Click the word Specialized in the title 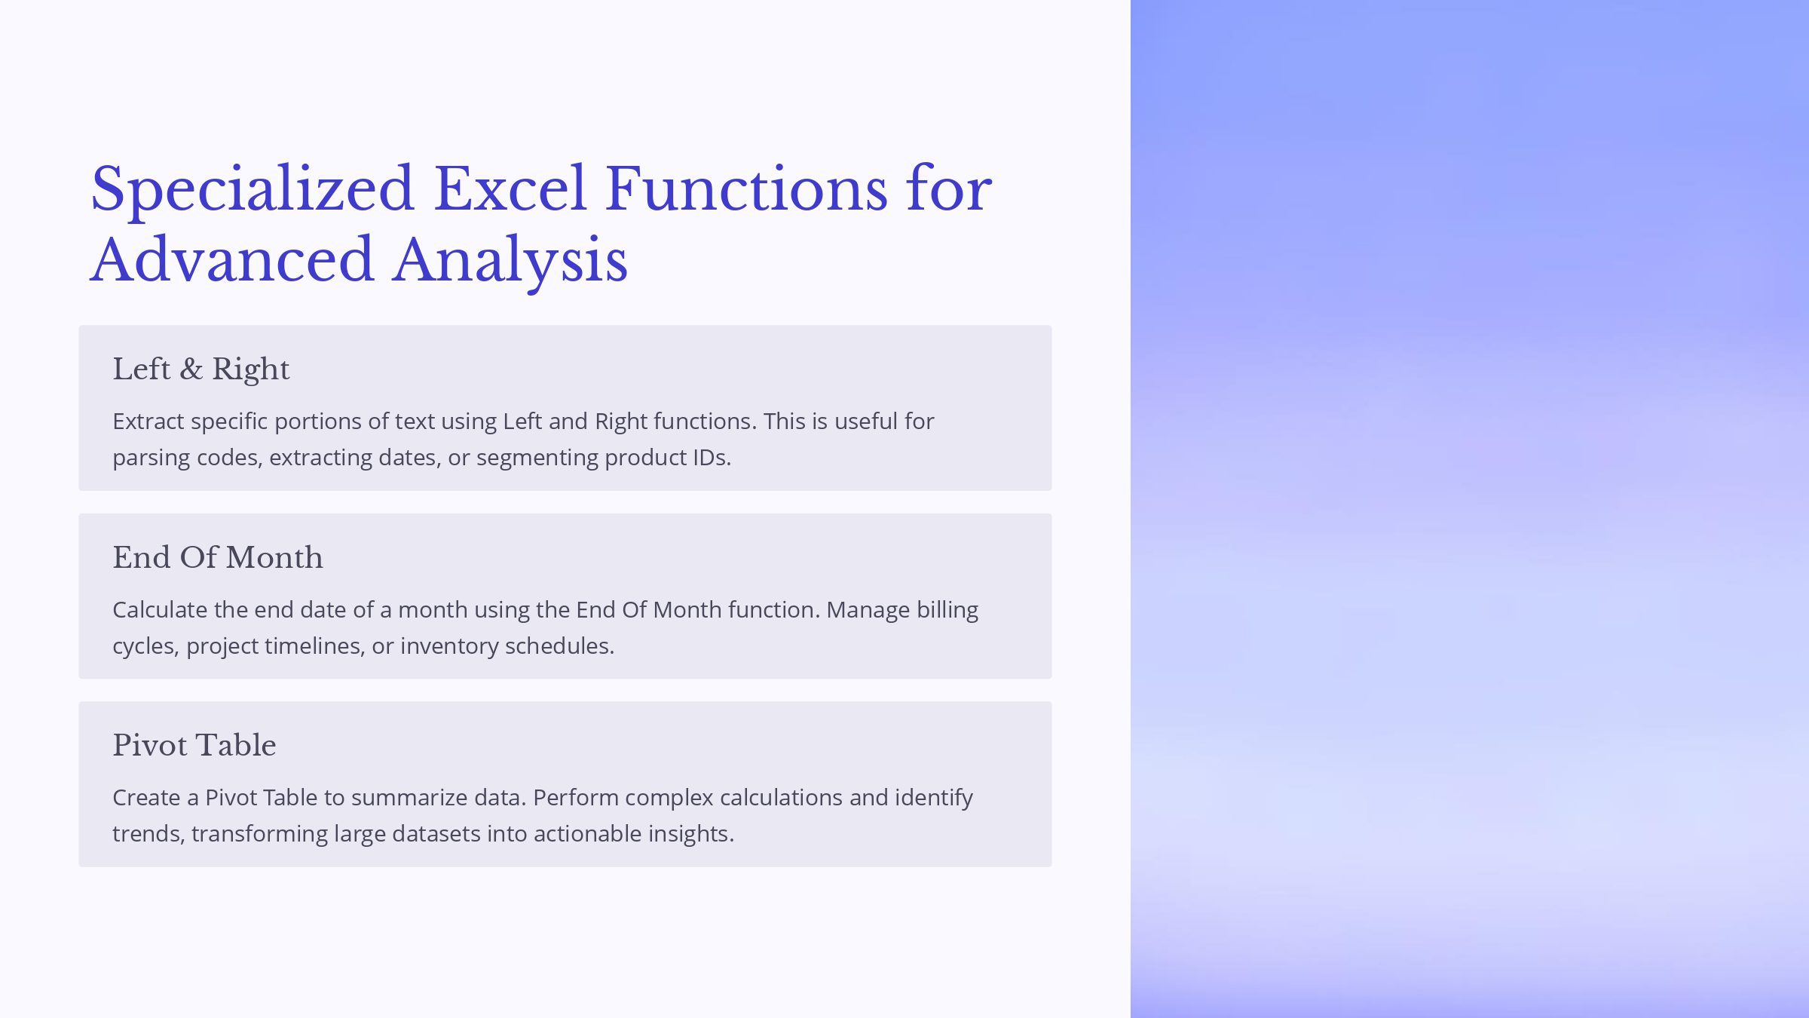point(253,191)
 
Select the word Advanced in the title point(232,259)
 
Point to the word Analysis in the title point(510,262)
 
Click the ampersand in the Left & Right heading point(191,369)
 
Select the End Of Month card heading point(218,557)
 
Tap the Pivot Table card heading point(194,745)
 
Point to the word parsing point(152,458)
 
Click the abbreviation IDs point(709,458)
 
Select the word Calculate point(160,609)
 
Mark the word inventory point(449,647)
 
